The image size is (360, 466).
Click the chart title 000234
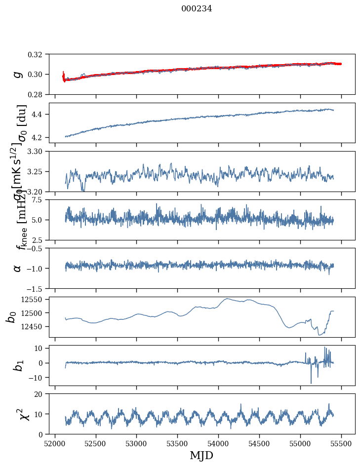pos(197,8)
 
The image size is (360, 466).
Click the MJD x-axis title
pos(201,455)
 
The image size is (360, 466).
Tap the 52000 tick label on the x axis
pos(55,442)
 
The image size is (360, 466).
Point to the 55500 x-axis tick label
pos(341,442)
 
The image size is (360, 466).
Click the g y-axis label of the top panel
pos(18,74)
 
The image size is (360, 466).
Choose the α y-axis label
pos(18,268)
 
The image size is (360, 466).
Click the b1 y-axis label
pos(18,365)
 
